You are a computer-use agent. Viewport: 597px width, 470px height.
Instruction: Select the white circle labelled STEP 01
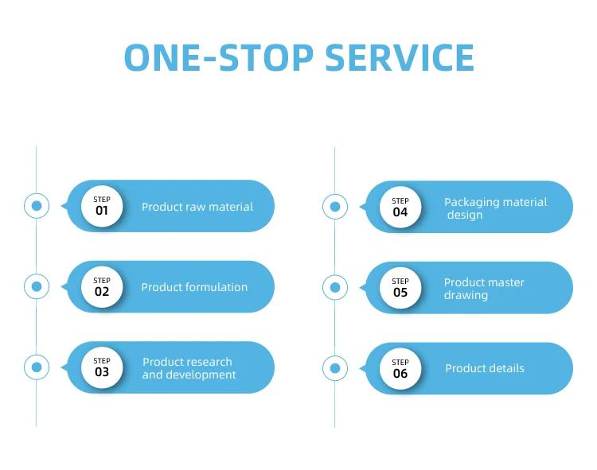[x=102, y=206]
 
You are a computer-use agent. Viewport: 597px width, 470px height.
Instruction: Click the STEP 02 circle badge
[x=102, y=286]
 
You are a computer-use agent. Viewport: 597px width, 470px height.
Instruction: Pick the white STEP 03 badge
[x=102, y=367]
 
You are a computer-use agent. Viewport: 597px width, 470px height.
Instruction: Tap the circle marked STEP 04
[x=400, y=207]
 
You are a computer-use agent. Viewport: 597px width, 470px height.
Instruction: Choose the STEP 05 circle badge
[x=400, y=287]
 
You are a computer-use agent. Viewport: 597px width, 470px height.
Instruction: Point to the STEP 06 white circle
[x=400, y=368]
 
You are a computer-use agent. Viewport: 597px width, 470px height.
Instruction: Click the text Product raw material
[x=197, y=207]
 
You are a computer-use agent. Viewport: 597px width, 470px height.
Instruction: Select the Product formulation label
[x=194, y=287]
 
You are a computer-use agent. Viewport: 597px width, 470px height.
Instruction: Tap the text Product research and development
[x=189, y=368]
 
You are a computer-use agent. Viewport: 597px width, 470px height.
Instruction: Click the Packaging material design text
[x=495, y=208]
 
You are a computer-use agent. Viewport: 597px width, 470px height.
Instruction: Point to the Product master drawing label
[x=484, y=289]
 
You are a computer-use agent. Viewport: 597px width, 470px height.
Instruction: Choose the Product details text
[x=485, y=368]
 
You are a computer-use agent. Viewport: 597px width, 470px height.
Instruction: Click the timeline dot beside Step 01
[x=36, y=206]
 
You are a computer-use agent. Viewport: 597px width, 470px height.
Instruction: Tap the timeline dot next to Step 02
[x=36, y=286]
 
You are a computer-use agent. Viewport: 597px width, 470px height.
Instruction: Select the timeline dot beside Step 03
[x=36, y=367]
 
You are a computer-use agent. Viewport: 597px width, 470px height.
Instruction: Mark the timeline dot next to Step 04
[x=335, y=207]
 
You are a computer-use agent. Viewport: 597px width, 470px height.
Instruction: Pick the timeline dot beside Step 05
[x=335, y=287]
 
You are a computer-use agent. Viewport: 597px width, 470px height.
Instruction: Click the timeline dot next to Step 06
[x=335, y=368]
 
